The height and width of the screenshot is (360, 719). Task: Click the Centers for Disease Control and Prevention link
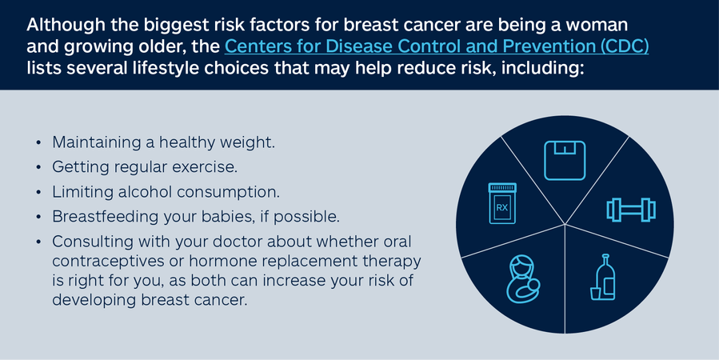point(437,46)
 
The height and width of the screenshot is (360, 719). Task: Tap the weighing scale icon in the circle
point(565,160)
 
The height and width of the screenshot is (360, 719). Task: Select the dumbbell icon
point(631,210)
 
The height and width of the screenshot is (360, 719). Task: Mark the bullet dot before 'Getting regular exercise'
point(39,167)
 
